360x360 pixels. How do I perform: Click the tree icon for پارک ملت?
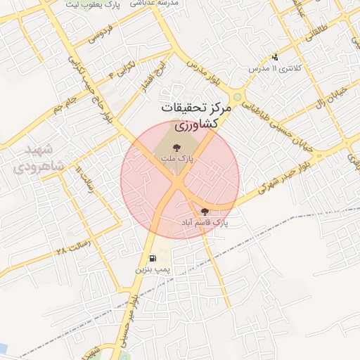(176, 148)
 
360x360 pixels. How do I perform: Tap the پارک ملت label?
(176, 160)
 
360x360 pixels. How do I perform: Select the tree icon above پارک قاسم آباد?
(205, 212)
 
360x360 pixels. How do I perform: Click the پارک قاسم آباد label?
(205, 223)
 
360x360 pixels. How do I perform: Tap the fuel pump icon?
(153, 259)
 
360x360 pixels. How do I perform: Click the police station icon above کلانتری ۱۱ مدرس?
(275, 58)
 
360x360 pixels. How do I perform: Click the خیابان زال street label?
(330, 101)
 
